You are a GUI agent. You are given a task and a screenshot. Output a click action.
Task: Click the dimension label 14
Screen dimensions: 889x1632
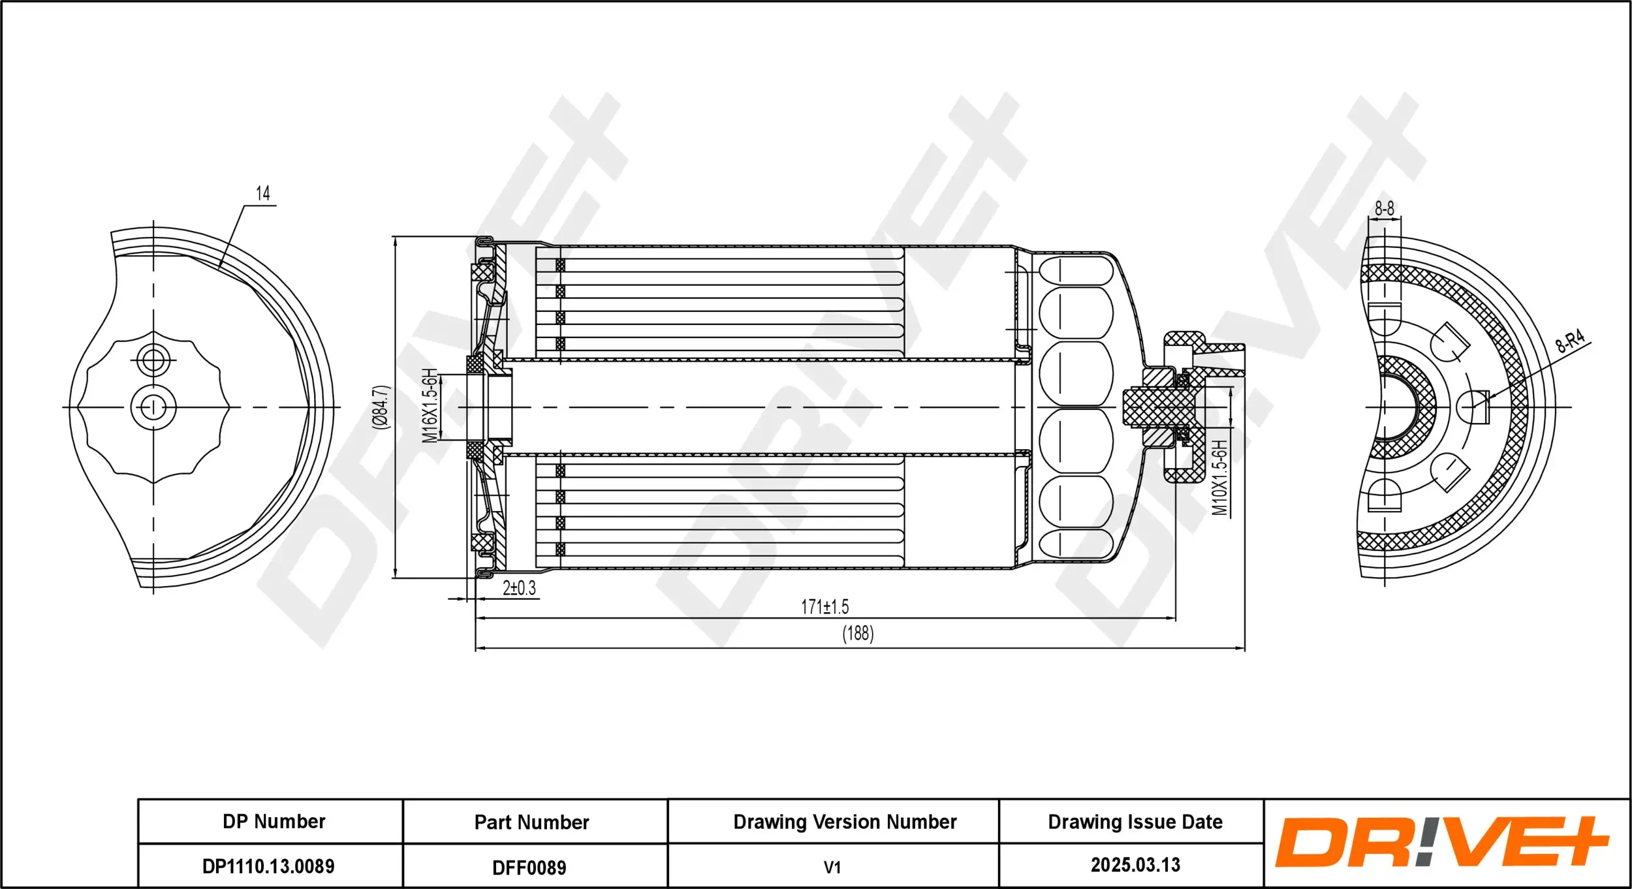point(262,193)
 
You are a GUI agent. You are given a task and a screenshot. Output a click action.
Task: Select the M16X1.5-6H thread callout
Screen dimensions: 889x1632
point(429,406)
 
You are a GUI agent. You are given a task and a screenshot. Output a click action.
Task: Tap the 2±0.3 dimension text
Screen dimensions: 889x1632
point(519,588)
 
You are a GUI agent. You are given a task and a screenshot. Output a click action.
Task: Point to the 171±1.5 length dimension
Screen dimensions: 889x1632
point(824,607)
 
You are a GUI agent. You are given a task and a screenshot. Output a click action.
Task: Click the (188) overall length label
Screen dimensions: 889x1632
point(857,633)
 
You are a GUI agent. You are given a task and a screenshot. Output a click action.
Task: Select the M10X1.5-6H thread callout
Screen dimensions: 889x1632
point(1219,477)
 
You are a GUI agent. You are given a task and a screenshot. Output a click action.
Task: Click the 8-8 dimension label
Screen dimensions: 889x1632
point(1384,209)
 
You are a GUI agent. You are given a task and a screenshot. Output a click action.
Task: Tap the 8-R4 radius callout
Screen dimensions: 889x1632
point(1569,340)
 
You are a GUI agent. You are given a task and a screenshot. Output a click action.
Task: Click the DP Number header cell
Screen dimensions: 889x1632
point(274,821)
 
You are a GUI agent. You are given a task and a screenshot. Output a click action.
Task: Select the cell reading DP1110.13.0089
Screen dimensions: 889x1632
point(268,866)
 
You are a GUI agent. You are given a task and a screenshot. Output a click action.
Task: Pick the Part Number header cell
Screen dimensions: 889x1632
point(531,822)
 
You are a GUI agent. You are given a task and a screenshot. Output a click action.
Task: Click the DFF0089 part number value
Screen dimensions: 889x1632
point(529,867)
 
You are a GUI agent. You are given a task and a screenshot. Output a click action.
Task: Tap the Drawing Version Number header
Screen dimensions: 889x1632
point(845,822)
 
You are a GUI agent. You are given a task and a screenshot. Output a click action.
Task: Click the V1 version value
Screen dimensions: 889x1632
point(832,867)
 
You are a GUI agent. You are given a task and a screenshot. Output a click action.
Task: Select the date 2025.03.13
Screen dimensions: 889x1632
point(1135,865)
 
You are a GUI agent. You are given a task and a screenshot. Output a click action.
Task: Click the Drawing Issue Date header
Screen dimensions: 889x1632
point(1135,822)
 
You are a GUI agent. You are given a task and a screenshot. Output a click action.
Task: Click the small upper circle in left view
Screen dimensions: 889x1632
point(153,360)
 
